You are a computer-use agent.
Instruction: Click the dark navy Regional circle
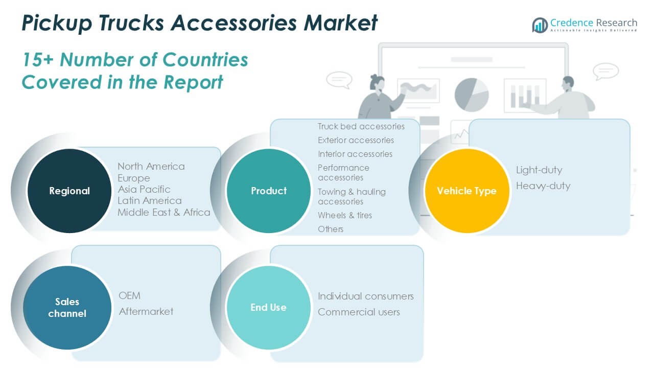[x=69, y=191]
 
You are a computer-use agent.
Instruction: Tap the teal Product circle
[x=268, y=191]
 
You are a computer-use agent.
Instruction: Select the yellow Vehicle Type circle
[x=466, y=191]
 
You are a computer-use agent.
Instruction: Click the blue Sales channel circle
[x=67, y=307]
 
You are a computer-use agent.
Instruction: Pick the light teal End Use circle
[x=268, y=307]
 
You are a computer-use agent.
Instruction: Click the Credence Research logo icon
[x=540, y=25]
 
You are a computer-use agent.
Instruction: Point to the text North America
[x=151, y=166]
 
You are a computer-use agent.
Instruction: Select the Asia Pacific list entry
[x=144, y=189]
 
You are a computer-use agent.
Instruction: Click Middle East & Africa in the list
[x=164, y=212]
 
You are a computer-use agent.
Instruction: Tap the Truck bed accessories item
[x=361, y=126]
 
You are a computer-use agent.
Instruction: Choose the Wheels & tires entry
[x=345, y=215]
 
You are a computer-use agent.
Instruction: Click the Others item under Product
[x=331, y=229]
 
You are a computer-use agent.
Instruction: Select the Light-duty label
[x=539, y=170]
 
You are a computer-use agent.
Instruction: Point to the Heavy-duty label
[x=543, y=186]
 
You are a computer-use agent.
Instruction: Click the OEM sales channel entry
[x=129, y=295]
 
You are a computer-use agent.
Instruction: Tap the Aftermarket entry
[x=146, y=311]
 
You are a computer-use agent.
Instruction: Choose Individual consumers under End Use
[x=366, y=296]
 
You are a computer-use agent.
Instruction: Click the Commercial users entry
[x=359, y=312]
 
